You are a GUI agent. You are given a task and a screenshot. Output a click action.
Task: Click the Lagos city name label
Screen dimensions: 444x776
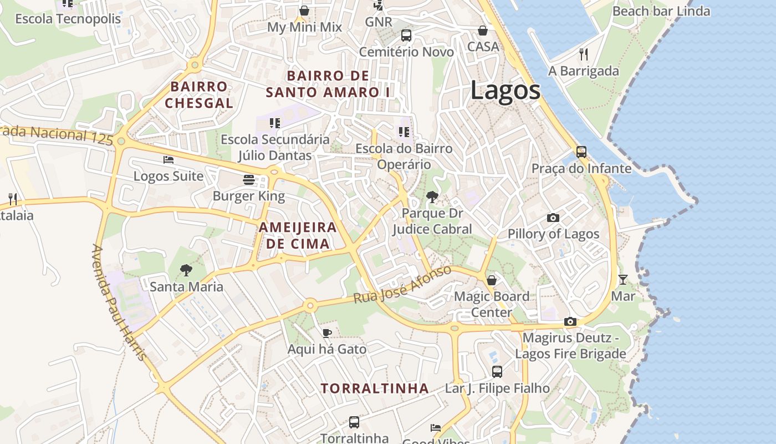coord(505,90)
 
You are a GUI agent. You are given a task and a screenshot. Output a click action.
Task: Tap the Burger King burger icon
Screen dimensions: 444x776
coord(248,179)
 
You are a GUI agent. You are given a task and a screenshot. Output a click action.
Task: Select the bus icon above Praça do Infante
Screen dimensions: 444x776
coord(581,152)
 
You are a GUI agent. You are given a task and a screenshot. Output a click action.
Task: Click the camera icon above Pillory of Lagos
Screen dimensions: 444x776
coord(553,218)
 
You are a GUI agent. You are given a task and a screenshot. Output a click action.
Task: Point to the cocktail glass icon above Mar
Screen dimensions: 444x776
coord(623,280)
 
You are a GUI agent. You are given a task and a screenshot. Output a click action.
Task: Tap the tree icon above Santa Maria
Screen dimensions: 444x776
coord(186,270)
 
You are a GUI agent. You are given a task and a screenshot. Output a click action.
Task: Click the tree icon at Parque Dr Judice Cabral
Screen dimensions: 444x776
coord(432,196)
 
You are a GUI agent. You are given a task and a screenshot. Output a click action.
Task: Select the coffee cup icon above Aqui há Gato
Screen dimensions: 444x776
coord(327,333)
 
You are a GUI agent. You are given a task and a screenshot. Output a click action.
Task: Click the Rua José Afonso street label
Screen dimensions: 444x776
coord(402,285)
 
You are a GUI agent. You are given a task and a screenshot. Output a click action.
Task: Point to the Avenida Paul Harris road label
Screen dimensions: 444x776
coord(119,302)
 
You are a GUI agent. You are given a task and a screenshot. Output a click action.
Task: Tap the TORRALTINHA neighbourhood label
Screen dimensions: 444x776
coord(375,389)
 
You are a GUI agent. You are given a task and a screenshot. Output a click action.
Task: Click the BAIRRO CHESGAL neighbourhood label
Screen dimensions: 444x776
coord(199,95)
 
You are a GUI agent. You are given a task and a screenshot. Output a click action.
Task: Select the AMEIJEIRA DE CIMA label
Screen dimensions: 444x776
coord(298,235)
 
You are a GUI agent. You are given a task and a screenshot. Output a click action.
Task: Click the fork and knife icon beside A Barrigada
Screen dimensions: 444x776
coord(583,54)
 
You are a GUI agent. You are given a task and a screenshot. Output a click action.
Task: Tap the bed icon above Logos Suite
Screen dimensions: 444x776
coord(169,160)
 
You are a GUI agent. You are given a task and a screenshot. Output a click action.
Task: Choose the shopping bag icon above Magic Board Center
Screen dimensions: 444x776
coord(491,280)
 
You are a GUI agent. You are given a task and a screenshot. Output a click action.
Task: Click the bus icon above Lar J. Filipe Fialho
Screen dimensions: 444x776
coord(497,372)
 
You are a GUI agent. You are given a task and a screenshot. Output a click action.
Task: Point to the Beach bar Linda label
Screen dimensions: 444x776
coord(661,11)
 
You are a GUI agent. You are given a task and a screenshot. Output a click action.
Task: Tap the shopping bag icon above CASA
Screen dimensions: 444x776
coord(483,31)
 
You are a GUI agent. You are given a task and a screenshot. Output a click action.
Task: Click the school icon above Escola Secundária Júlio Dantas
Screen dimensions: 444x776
coord(275,123)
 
